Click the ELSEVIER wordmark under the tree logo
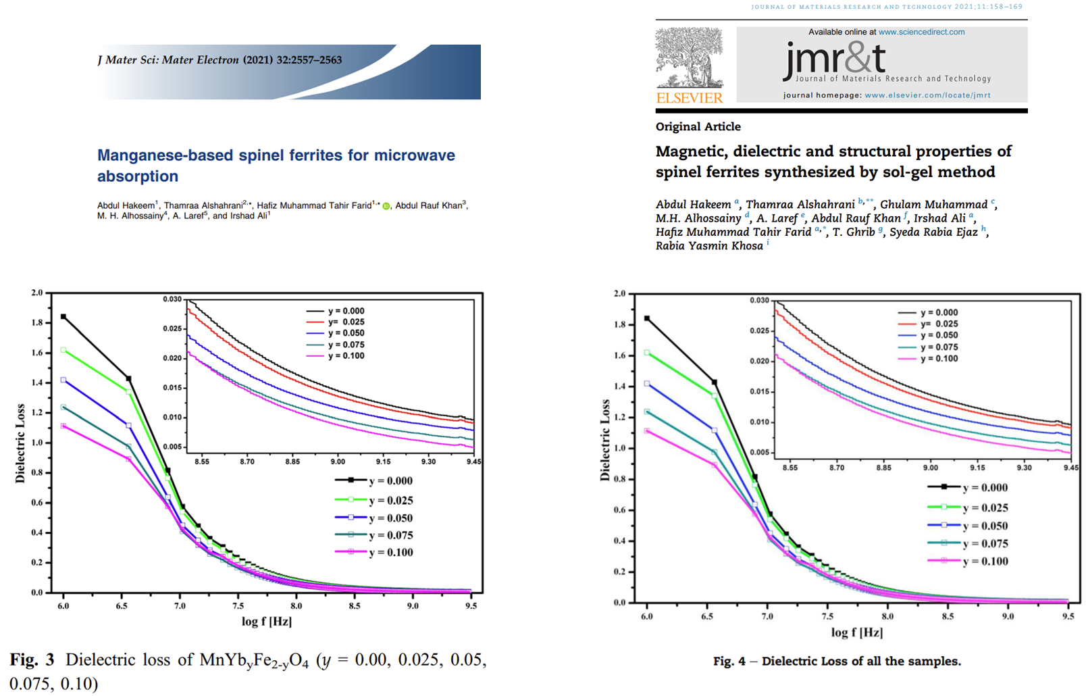pyautogui.click(x=689, y=98)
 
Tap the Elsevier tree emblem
pyautogui.click(x=689, y=57)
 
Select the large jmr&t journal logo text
pyautogui.click(x=835, y=59)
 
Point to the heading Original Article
pyautogui.click(x=698, y=126)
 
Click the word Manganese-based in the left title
pyautogui.click(x=165, y=155)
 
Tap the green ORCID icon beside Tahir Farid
pyautogui.click(x=386, y=206)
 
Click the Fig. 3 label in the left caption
pyautogui.click(x=32, y=660)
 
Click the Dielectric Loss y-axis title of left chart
pyautogui.click(x=20, y=443)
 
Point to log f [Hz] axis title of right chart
pyautogui.click(x=856, y=632)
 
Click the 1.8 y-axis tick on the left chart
pyautogui.click(x=37, y=323)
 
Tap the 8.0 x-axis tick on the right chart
pyautogui.click(x=887, y=616)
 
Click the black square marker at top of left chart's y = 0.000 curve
pyautogui.click(x=63, y=316)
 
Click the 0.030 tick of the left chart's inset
pyautogui.click(x=172, y=299)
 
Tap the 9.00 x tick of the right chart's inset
pyautogui.click(x=931, y=468)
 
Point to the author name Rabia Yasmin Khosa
pyautogui.click(x=709, y=246)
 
